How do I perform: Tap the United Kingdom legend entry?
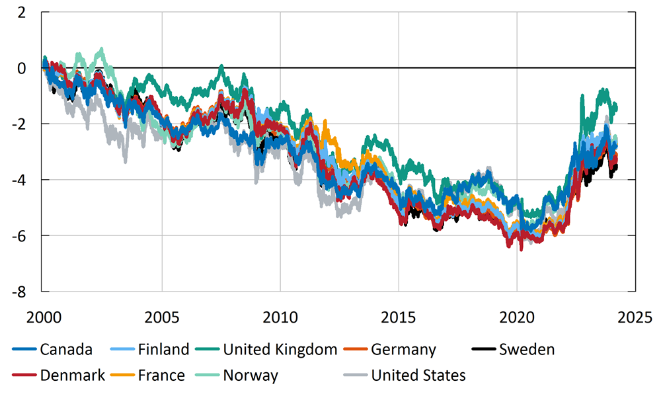coord(280,349)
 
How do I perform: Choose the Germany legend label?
coord(403,349)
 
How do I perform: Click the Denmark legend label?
coord(72,376)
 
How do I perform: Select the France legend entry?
coord(161,376)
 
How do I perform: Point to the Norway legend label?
coord(251,376)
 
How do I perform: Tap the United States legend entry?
coord(418,376)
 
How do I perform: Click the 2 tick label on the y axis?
coord(23,13)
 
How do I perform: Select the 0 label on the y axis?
coord(23,68)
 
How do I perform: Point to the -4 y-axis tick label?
coord(20,180)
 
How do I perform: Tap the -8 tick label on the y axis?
coord(20,291)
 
